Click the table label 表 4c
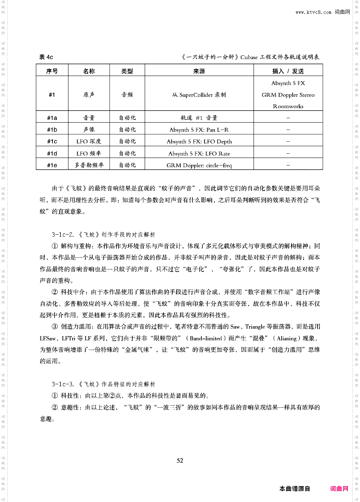(x=46, y=57)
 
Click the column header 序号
(x=52, y=71)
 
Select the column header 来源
(x=199, y=71)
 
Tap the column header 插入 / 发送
(x=288, y=71)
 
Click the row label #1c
(x=52, y=141)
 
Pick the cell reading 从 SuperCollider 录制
(x=199, y=95)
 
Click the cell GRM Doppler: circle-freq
(x=199, y=165)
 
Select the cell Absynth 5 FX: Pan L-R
(x=199, y=130)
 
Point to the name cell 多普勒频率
(x=89, y=165)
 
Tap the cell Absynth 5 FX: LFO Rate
(x=199, y=153)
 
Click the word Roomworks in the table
(x=288, y=106)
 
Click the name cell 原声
(x=89, y=95)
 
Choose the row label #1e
(x=52, y=165)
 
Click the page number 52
(x=180, y=460)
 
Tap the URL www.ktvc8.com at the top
(x=313, y=12)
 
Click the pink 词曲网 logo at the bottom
(x=339, y=489)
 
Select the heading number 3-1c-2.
(x=63, y=235)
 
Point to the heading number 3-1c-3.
(x=63, y=384)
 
